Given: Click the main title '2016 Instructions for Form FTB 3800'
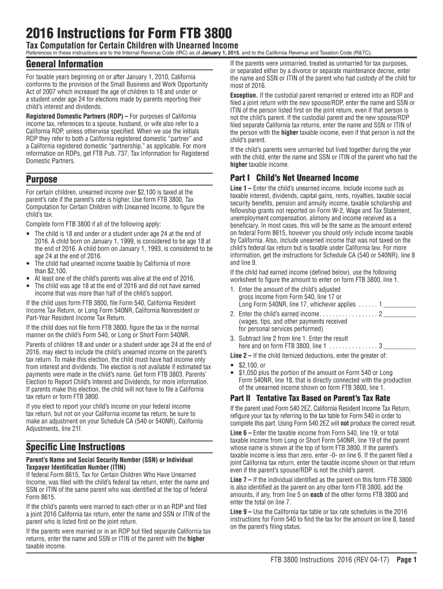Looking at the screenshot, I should click(126, 33).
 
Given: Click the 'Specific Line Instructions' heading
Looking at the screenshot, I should click(75, 447).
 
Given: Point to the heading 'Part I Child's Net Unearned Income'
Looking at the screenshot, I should click(294, 178).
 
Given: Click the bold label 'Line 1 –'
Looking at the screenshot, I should click(240, 188).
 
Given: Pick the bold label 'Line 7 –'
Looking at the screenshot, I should click(240, 480).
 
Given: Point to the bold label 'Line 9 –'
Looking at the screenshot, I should click(240, 511).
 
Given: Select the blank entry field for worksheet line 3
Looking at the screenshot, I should click(399, 346).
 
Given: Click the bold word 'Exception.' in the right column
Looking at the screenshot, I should click(244, 95).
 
